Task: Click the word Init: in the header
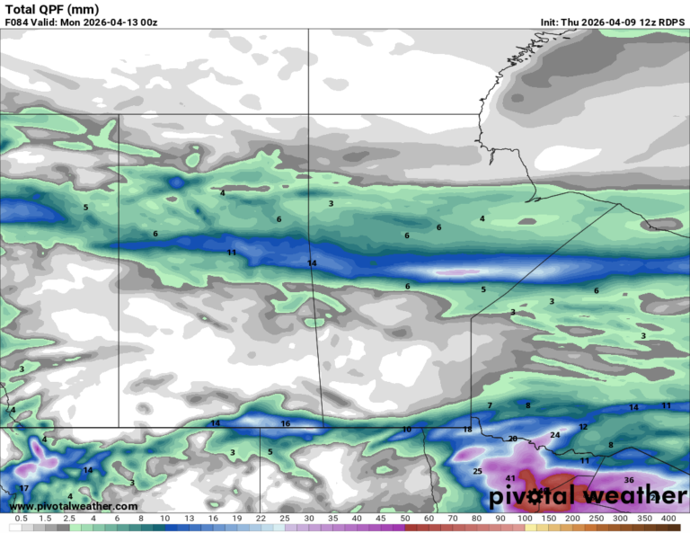[x=553, y=22]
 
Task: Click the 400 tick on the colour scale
[x=668, y=519]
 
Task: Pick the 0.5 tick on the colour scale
[x=21, y=519]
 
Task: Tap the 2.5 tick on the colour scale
[x=68, y=519]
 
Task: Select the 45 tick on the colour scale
[x=380, y=519]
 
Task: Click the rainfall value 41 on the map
[x=510, y=478]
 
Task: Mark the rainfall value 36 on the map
[x=629, y=480]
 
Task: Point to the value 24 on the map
[x=554, y=435]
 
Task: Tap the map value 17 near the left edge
[x=24, y=489]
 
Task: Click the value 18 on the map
[x=467, y=430]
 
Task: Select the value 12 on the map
[x=583, y=427]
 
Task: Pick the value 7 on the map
[x=490, y=406]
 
